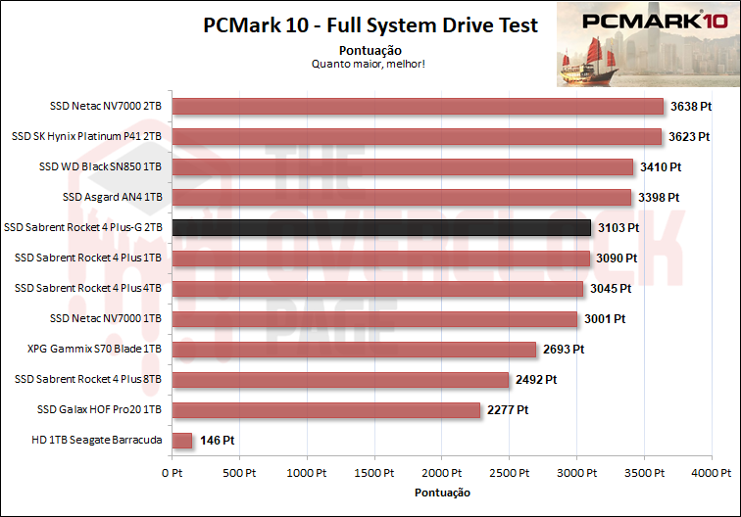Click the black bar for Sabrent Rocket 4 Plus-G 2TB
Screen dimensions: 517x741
(x=381, y=228)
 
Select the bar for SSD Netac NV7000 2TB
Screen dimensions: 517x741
(x=418, y=107)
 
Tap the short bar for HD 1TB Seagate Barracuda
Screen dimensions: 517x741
(x=181, y=441)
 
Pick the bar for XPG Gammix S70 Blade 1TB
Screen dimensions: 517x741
(x=354, y=350)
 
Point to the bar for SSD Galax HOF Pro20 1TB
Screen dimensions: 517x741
(x=325, y=410)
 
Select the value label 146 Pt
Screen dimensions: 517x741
(x=217, y=441)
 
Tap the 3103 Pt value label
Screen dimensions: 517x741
(x=619, y=228)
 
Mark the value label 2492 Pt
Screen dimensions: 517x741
(x=537, y=380)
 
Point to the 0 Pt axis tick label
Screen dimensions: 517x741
(x=172, y=473)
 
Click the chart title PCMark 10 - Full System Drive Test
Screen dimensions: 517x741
(x=370, y=25)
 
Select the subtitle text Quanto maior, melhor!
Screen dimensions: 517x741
(x=370, y=65)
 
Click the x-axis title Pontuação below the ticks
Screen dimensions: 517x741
(x=442, y=492)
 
